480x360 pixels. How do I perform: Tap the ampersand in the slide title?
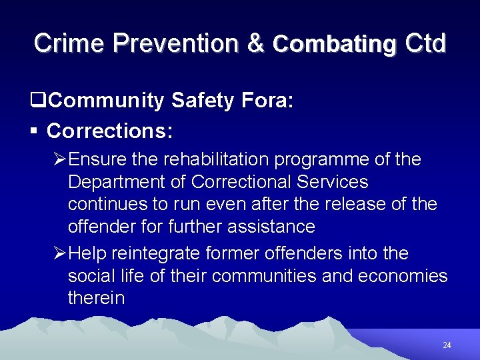pyautogui.click(x=255, y=43)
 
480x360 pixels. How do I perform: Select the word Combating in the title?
pyautogui.click(x=334, y=44)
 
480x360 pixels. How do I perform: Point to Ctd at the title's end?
pyautogui.click(x=425, y=43)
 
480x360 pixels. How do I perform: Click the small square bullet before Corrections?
pyautogui.click(x=33, y=131)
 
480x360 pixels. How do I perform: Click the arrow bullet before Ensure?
pyautogui.click(x=59, y=160)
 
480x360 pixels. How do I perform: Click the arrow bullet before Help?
pyautogui.click(x=59, y=254)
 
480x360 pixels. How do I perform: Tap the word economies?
pyautogui.click(x=403, y=276)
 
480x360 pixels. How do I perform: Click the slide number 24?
pyautogui.click(x=447, y=345)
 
